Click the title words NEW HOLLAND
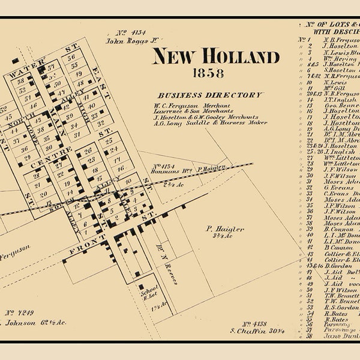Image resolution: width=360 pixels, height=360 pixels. [215, 57]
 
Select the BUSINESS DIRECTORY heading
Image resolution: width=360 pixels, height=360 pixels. [209, 95]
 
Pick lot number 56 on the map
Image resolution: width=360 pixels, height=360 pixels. [72, 58]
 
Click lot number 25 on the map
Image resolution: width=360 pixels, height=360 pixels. [109, 141]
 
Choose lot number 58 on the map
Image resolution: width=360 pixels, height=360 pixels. [21, 80]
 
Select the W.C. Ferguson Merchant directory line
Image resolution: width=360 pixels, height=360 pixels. [191, 105]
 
